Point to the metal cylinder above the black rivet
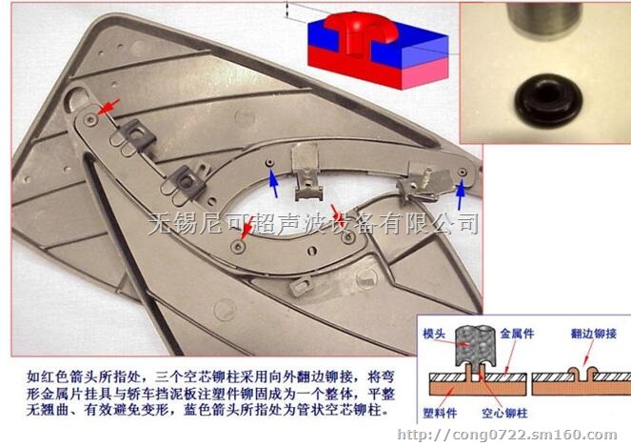pos(543,23)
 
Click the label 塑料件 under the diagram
pos(439,415)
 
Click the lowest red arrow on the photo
pos(246,228)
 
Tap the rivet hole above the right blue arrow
pos(463,172)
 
